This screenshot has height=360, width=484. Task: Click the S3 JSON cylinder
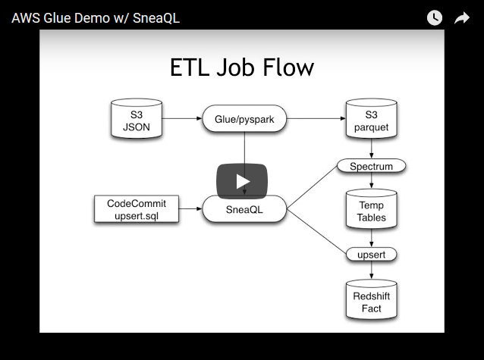pyautogui.click(x=137, y=120)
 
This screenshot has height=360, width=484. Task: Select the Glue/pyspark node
pyautogui.click(x=244, y=119)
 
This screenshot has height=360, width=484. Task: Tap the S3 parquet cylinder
pyautogui.click(x=371, y=120)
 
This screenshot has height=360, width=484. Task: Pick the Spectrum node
pyautogui.click(x=371, y=166)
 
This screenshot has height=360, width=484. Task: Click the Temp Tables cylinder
pyautogui.click(x=371, y=210)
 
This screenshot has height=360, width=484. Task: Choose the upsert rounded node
pyautogui.click(x=371, y=254)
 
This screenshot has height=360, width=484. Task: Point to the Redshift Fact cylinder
pyautogui.click(x=371, y=301)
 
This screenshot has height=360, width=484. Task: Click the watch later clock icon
pyautogui.click(x=435, y=17)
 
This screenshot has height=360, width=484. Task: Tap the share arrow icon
pyautogui.click(x=462, y=17)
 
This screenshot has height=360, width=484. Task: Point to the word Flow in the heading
pyautogui.click(x=285, y=68)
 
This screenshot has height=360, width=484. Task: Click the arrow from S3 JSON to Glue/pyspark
pyautogui.click(x=182, y=119)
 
